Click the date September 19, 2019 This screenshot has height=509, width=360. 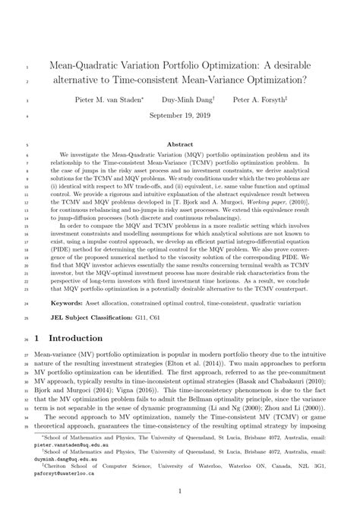(x=180, y=117)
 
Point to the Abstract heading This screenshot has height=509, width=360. (x=180, y=144)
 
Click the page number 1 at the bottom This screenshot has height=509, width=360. (x=180, y=493)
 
